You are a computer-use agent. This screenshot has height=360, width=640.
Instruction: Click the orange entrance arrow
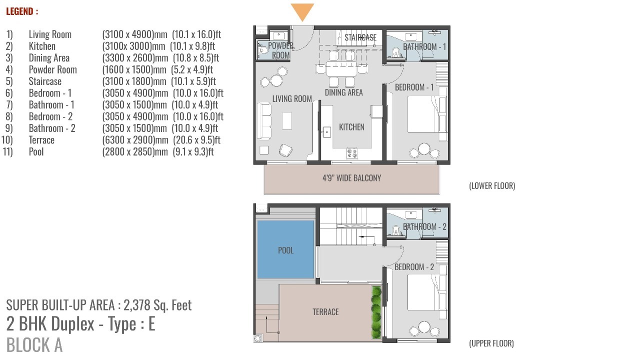302,11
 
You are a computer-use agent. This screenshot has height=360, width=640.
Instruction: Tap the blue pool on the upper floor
285,249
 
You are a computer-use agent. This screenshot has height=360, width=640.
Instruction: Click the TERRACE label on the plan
325,311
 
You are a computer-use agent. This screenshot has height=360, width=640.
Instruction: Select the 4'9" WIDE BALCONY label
351,178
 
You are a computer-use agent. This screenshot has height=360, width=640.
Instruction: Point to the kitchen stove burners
352,153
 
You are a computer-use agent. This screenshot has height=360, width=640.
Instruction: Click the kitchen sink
327,132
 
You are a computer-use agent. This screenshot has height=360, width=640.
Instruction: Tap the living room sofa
264,121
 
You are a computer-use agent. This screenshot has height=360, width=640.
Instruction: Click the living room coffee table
287,121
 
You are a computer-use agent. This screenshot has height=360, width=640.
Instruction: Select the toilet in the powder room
262,51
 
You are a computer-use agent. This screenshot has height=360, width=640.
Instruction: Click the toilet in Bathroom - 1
395,52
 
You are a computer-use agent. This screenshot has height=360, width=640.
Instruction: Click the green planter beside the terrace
376,312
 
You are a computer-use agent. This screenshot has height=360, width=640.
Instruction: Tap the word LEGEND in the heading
19,11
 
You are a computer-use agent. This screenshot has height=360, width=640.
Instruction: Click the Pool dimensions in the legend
158,151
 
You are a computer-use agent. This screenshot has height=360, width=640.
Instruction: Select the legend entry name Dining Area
49,57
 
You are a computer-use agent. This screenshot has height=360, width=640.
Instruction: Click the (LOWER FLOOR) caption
492,185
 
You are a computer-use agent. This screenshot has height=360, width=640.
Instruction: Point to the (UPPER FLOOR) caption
491,343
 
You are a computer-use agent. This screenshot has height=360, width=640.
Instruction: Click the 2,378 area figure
137,305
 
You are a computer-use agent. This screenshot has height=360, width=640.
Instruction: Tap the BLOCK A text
34,344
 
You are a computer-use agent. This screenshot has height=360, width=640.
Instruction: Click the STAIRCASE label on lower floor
360,37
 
